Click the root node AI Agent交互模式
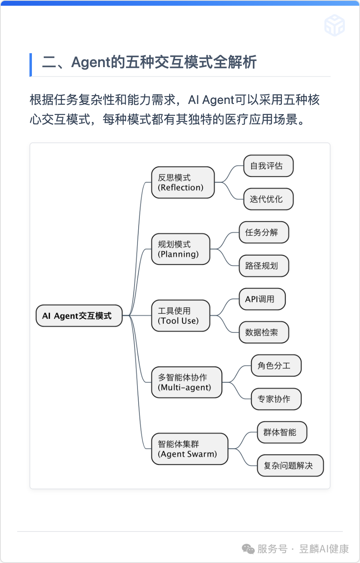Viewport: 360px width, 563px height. coord(79,316)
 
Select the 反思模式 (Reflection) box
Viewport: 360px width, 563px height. coord(183,182)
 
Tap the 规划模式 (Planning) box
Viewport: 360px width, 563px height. coord(180,249)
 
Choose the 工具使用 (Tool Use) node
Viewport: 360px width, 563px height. coord(180,316)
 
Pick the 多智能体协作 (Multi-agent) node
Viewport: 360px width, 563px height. coord(187,383)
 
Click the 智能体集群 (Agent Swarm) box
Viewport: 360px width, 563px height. coord(189,449)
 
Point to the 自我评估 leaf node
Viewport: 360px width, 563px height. coord(268,166)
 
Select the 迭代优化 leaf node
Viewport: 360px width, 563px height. coord(268,199)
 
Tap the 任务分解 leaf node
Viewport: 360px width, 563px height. coord(264,232)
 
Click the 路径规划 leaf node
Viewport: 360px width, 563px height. coord(264,266)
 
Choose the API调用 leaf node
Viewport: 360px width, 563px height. coord(262,299)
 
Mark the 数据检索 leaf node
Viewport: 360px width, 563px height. coord(264,333)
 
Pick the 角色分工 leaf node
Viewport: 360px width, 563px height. coord(276,366)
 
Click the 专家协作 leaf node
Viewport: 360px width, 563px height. coord(276,399)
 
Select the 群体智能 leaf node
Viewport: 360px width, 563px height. coord(282,432)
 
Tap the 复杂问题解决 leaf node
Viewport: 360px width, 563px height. coord(290,466)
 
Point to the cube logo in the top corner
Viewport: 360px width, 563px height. coord(335,26)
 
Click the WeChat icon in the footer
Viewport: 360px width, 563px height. coord(248,549)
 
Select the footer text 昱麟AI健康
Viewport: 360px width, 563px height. coord(324,549)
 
